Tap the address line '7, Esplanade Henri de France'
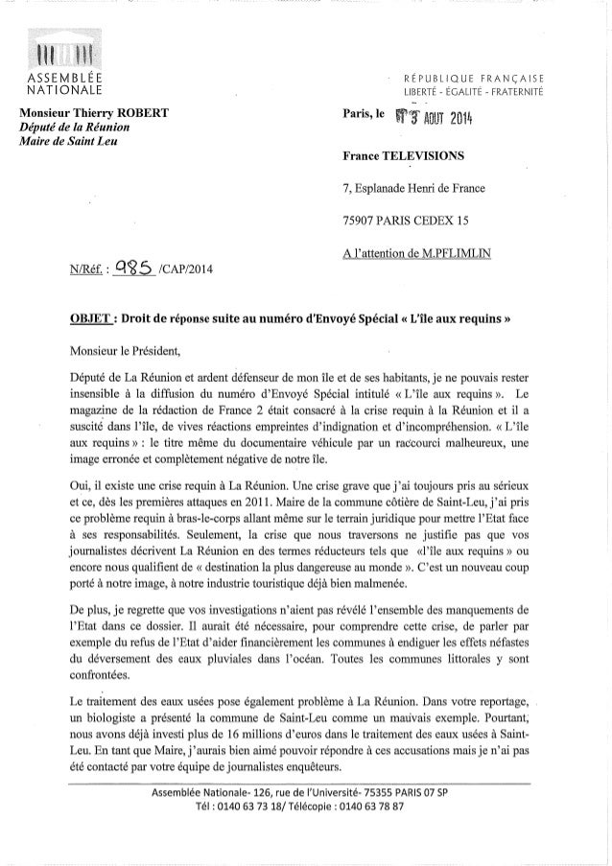coord(415,188)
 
